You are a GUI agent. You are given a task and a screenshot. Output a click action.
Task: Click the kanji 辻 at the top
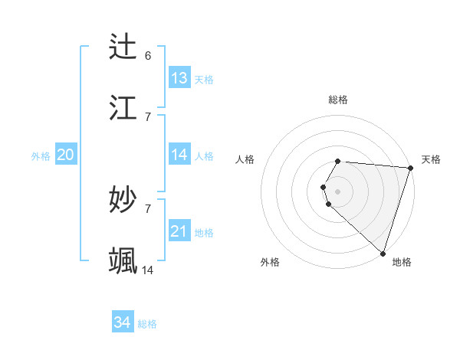pos(124,47)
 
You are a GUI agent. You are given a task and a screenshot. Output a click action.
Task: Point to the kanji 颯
pos(124,260)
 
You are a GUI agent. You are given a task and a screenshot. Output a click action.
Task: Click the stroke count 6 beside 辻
pos(148,56)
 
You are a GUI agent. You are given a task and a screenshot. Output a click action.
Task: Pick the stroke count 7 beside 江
pos(148,116)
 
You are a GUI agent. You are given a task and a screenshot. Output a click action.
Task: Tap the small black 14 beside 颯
pos(148,270)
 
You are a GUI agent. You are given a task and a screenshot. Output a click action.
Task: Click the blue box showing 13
pos(179,78)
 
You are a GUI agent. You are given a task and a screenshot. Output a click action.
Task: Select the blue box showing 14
pos(179,155)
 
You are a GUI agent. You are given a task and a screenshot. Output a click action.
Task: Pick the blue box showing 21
pos(179,231)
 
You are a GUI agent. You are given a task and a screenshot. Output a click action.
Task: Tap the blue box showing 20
pos(65,155)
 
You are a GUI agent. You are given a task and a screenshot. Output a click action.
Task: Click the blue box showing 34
pos(123,322)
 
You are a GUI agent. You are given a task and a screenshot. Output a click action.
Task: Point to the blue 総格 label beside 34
pos(148,324)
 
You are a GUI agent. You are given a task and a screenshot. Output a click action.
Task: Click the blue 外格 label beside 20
pos(41,156)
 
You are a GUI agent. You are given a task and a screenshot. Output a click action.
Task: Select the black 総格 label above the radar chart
pos(338,100)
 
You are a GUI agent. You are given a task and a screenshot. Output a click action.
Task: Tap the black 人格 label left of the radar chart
pos(245,159)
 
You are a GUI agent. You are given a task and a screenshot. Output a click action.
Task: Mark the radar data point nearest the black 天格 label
pos(410,168)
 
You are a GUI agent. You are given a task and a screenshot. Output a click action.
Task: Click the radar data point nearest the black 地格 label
pos(383,253)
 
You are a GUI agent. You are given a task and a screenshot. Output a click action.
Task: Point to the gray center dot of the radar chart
pos(338,191)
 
